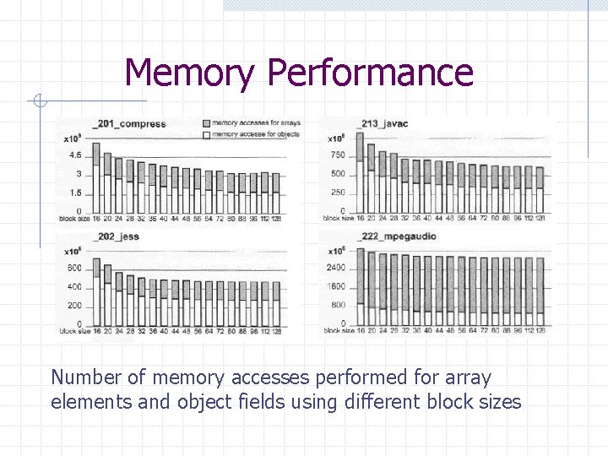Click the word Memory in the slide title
pos(188,73)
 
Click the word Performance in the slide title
pos(370,73)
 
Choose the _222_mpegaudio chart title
pos(396,236)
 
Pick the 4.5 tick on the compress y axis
pos(75,155)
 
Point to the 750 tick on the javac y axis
pos(338,155)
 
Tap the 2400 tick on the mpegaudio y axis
pos(335,268)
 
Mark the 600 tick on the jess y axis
pos(74,269)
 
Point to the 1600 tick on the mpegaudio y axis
pos(335,287)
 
